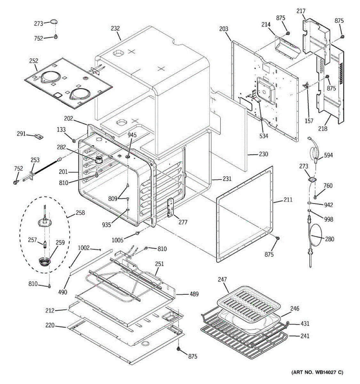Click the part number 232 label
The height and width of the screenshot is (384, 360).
coord(115,28)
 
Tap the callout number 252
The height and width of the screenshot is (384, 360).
coord(34,61)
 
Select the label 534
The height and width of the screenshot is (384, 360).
coord(264,136)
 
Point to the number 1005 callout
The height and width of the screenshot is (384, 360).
coord(117,240)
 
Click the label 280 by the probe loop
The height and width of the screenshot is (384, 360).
coord(329,239)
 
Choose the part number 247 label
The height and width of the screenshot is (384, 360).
coord(222,279)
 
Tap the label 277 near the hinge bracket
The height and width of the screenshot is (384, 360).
coord(183,222)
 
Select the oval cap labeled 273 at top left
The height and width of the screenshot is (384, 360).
coord(54,21)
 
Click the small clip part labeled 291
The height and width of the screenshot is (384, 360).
coord(39,137)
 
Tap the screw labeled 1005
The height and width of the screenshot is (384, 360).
coord(138,233)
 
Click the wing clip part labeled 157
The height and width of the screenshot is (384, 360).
coord(306,85)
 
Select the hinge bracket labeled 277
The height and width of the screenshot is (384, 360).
coord(170,207)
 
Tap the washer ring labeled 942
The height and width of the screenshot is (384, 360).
coord(309,203)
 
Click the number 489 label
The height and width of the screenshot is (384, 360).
coord(194,294)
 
